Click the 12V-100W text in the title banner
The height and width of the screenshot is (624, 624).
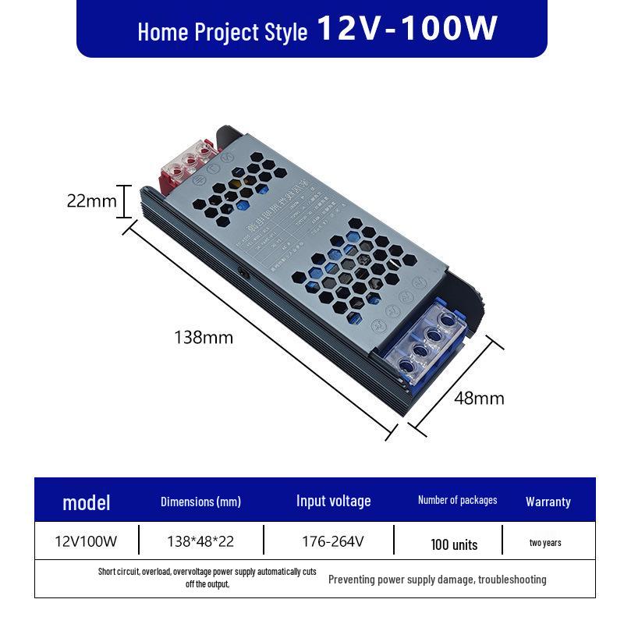click(x=407, y=29)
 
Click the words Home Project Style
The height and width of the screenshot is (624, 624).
click(x=222, y=33)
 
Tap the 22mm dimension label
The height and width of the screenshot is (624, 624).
click(x=91, y=201)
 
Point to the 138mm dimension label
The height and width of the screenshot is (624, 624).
click(x=203, y=338)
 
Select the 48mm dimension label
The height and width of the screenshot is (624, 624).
click(x=479, y=399)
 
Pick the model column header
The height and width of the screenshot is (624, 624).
click(x=86, y=502)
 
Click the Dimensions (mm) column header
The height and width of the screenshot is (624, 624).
click(x=200, y=502)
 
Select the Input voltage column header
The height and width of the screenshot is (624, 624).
click(x=333, y=501)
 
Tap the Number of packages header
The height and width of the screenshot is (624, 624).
click(x=457, y=500)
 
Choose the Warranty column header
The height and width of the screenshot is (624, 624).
click(x=548, y=502)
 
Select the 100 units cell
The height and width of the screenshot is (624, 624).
click(x=454, y=544)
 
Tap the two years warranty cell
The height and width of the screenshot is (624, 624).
click(x=544, y=543)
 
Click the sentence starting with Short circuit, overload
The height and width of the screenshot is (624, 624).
click(x=207, y=578)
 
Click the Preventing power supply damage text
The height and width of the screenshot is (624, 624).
click(x=437, y=580)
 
